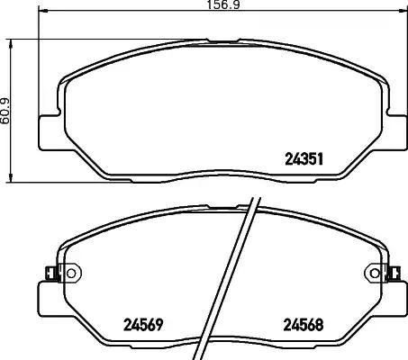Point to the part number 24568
(x=304, y=325)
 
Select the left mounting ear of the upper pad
(x=47, y=132)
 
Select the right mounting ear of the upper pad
(x=395, y=132)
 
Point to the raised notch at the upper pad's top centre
(x=222, y=40)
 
